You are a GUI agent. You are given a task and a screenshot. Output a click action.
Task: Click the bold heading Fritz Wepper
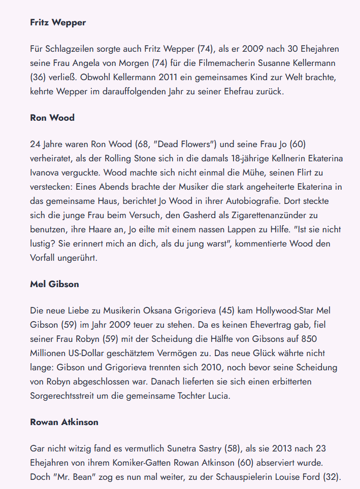[x=58, y=22]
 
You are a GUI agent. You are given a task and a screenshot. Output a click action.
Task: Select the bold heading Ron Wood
[x=52, y=118]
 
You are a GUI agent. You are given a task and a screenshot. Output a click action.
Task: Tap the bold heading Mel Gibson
[x=54, y=284]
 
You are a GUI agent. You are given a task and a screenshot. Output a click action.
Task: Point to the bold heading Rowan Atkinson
[x=64, y=422]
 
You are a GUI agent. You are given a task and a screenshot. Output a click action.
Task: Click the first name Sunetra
[x=203, y=448]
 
